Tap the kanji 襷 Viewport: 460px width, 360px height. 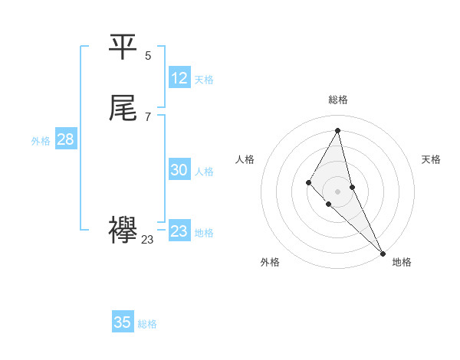pos(123,231)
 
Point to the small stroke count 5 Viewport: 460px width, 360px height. pos(148,55)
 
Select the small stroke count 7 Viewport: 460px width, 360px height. pos(148,116)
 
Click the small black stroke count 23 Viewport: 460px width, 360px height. pos(148,240)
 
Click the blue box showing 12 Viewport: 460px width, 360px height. pos(179,78)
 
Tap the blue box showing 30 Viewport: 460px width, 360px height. pos(179,171)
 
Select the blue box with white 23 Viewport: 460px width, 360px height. pos(179,231)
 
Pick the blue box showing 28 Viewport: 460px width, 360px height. pos(65,139)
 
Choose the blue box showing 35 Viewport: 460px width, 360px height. pos(123,322)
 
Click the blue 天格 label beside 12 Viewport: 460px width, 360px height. pos(204,80)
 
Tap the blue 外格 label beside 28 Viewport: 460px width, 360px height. pos(41,141)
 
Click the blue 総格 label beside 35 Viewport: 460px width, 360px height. pos(147,324)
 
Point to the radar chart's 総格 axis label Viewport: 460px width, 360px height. pos(338,100)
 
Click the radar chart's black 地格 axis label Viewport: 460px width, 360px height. pos(402,262)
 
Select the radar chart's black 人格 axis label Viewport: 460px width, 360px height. pos(245,159)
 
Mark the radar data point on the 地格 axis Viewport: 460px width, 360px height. pos(382,252)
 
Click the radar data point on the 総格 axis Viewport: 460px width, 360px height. pos(338,129)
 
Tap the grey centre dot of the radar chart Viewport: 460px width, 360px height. pos(338,191)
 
